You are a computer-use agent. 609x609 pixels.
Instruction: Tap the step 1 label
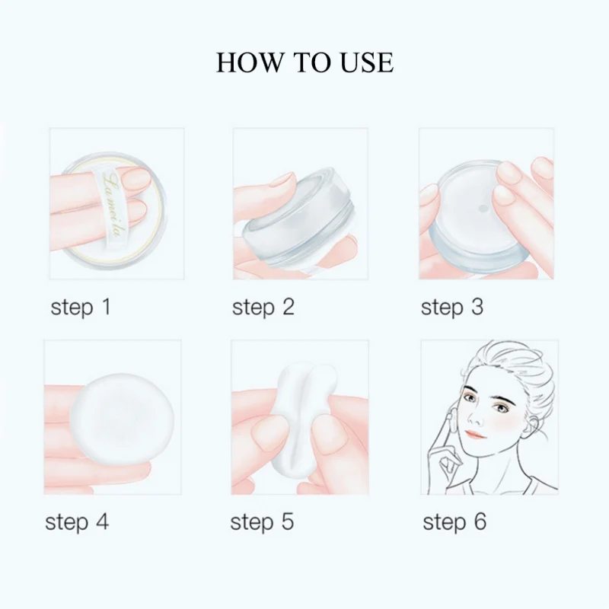coord(81,308)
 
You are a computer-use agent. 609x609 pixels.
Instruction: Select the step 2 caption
coord(263,308)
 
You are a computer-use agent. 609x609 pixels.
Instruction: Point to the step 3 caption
coord(451,308)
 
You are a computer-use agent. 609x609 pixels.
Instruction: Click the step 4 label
coord(76,522)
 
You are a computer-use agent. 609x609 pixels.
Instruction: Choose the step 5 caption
coord(261,522)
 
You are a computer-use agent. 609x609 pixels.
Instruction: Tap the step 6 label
coord(454,522)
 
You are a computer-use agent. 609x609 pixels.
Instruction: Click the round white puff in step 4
coord(126,415)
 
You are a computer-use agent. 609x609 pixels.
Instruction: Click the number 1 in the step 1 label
coord(105,308)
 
